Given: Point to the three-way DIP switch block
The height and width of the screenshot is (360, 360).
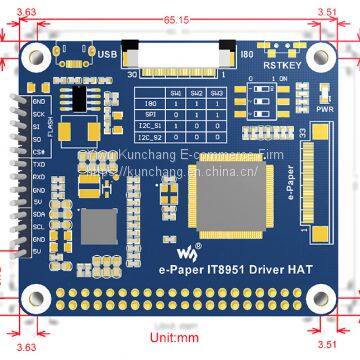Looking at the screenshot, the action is tap(266, 104).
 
